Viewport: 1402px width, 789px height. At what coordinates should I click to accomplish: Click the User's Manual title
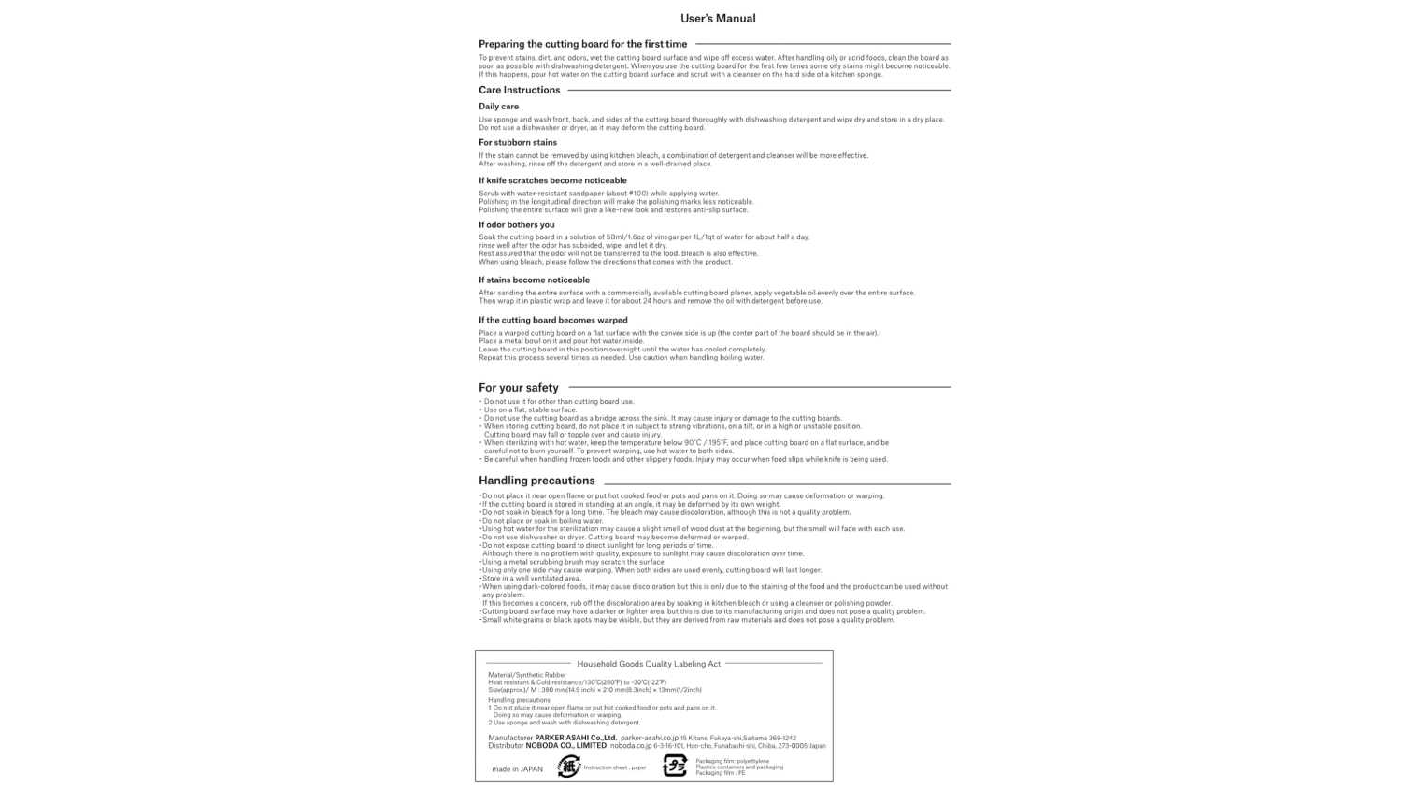718,19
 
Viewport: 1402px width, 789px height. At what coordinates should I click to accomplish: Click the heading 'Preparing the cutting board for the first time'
582,44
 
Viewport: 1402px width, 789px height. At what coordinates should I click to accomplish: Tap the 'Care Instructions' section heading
519,91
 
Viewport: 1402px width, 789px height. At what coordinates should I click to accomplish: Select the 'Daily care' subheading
498,107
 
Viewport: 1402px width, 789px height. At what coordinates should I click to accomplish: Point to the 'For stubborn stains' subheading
517,143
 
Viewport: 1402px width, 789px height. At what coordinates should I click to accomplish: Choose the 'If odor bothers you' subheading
516,224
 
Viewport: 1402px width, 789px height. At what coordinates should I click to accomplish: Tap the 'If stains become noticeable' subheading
534,280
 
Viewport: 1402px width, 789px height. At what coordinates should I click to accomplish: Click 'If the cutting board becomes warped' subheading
552,320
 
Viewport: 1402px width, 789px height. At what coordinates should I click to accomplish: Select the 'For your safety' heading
518,388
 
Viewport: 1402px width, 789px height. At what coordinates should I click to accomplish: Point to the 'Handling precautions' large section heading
536,481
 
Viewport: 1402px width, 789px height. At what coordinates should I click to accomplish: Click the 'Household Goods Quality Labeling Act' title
649,664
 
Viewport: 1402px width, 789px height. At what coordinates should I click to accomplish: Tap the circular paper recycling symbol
568,767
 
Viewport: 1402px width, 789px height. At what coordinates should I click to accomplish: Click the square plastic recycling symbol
675,767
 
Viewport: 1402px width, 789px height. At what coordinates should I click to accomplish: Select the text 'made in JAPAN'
517,769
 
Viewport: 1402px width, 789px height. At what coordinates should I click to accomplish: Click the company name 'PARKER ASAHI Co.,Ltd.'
575,738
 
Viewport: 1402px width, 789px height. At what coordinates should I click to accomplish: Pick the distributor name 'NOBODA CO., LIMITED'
565,746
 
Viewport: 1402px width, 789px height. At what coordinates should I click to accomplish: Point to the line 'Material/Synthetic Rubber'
526,675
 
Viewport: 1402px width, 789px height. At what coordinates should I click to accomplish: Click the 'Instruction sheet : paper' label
614,767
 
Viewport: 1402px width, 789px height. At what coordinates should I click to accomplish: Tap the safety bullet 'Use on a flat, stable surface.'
530,410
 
